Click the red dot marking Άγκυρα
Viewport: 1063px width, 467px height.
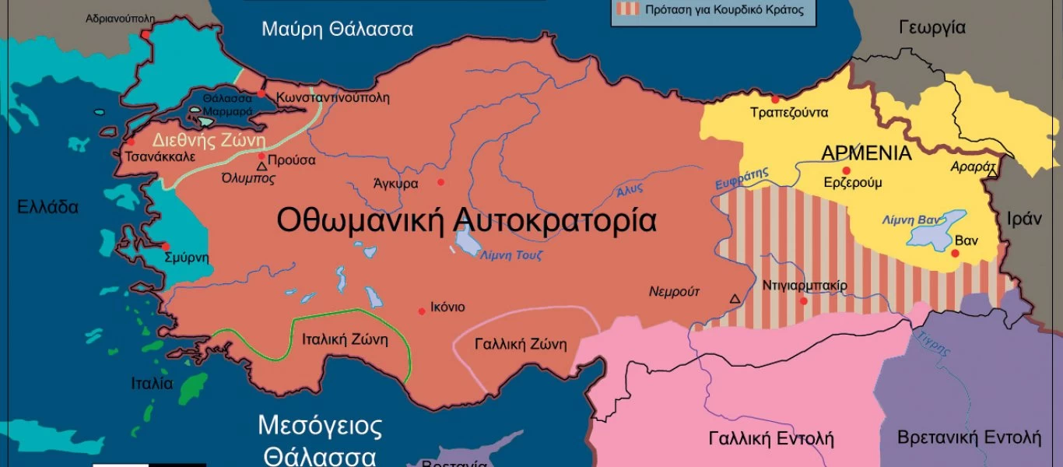440,182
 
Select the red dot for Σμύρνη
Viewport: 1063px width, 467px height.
165,246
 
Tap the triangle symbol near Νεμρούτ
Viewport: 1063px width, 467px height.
734,298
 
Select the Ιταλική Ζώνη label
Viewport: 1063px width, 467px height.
344,340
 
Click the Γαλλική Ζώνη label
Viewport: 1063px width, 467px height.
521,344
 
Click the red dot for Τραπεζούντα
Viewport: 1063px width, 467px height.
774,100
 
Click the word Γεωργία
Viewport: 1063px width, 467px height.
931,28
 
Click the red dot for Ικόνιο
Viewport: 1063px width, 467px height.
422,310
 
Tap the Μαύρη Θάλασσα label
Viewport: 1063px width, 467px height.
337,30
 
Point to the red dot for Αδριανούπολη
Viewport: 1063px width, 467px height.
145,34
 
